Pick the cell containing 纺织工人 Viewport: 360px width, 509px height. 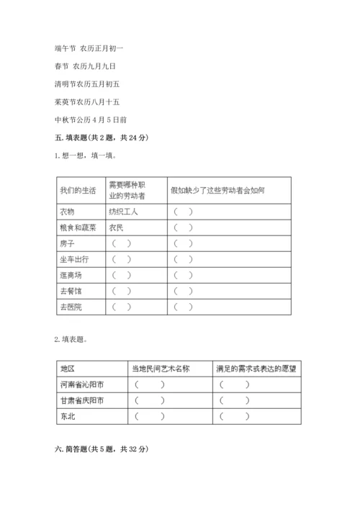point(123,212)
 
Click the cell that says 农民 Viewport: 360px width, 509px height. point(117,228)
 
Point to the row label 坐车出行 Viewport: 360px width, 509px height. point(74,259)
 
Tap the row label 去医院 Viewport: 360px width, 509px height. point(71,307)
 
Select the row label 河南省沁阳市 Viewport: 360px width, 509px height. point(82,384)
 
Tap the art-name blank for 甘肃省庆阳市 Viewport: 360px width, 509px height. point(149,400)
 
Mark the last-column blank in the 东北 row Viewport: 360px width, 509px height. point(235,416)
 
